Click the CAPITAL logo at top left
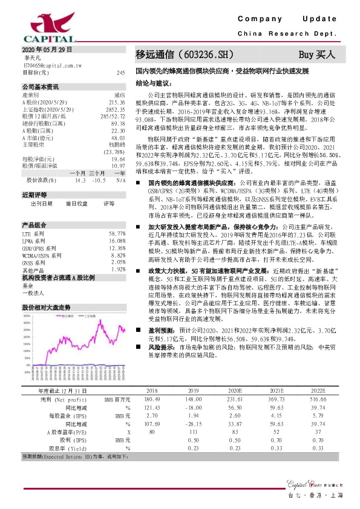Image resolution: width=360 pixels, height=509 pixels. point(30,24)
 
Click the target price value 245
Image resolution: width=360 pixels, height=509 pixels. point(120,73)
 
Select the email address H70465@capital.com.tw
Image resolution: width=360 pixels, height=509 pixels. point(51,64)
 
